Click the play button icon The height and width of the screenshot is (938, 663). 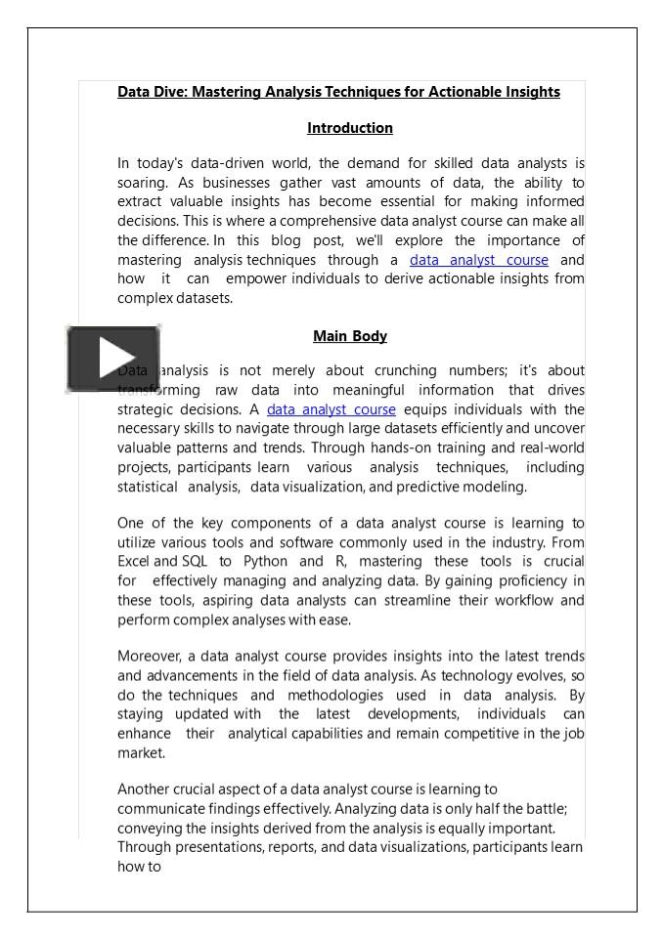(x=113, y=360)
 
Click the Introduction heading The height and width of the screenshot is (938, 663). (x=350, y=128)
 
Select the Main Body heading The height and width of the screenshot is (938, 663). (x=350, y=336)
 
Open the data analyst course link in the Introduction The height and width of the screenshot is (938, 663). (x=478, y=260)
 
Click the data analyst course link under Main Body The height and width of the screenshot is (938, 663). (x=331, y=409)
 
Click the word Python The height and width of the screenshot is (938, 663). (x=265, y=561)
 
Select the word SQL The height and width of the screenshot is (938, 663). (x=194, y=561)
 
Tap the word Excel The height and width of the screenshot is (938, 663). (x=133, y=561)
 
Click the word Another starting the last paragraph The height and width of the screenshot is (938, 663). (x=144, y=789)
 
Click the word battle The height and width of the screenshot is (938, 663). (x=545, y=808)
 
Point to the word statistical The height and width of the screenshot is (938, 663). (x=147, y=487)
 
